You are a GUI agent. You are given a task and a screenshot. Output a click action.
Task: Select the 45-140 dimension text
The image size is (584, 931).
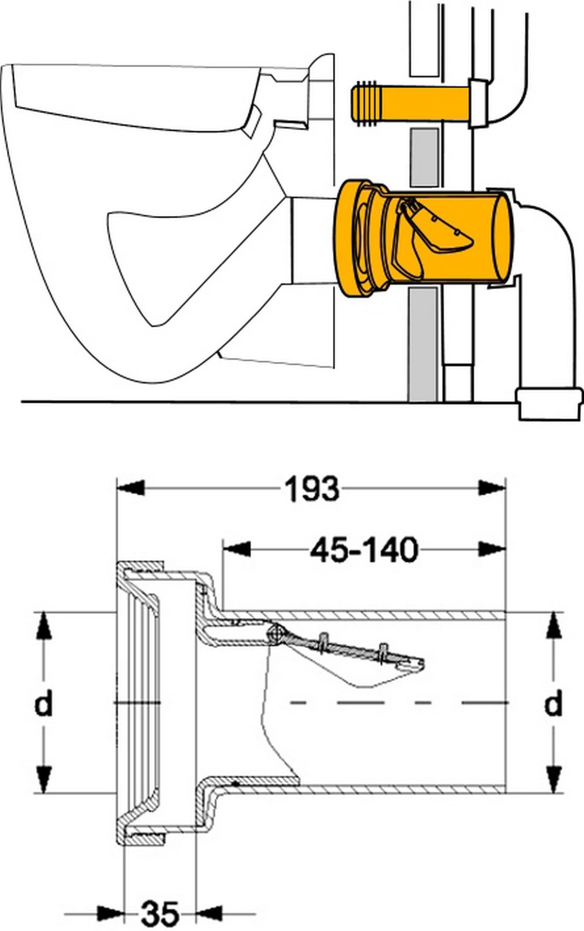(364, 550)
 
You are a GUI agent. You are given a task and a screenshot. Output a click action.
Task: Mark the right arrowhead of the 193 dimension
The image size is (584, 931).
(492, 488)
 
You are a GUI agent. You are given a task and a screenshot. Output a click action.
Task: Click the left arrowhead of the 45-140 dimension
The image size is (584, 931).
(237, 549)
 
